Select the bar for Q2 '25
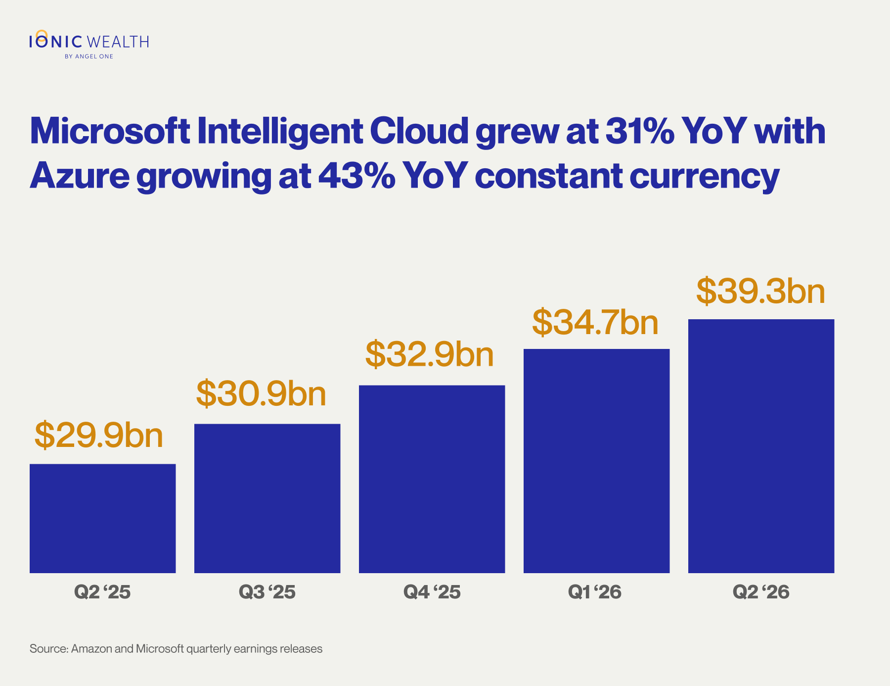coord(103,518)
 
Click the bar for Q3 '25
coord(267,498)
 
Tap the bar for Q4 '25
coord(432,479)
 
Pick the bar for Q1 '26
coord(597,461)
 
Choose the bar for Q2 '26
coord(761,446)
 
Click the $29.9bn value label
coord(99,436)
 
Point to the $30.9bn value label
coord(262,394)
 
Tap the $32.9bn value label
coord(430,355)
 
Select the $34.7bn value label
coord(595,323)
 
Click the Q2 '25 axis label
coord(102,592)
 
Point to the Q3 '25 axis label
coord(267,592)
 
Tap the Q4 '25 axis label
coord(432,592)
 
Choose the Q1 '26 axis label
coord(595,592)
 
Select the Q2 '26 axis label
coord(761,592)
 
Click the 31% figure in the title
coord(640,131)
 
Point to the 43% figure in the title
coord(357,176)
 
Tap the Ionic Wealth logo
coord(89,45)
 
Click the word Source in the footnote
coord(48,648)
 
